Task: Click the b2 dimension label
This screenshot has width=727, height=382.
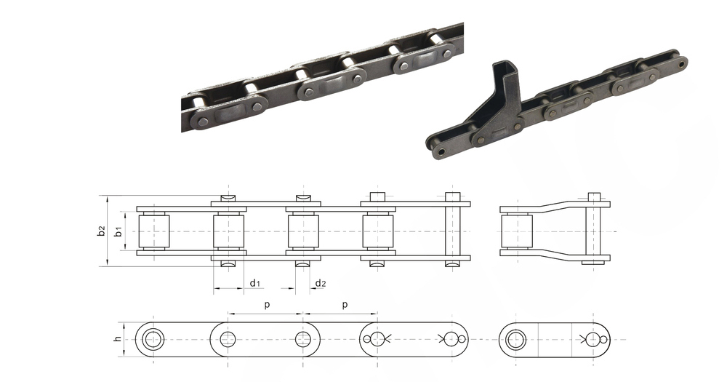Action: point(102,231)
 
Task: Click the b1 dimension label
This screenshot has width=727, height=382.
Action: point(119,231)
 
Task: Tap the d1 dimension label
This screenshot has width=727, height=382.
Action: point(255,282)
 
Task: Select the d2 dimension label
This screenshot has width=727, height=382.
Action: point(321,282)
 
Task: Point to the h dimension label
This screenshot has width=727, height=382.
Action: point(119,339)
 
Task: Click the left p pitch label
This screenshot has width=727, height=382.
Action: point(267,305)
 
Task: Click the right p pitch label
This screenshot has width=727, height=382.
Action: point(345,305)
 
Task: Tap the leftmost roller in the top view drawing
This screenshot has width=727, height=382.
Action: point(154,231)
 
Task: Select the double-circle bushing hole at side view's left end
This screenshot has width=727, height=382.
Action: point(153,340)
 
